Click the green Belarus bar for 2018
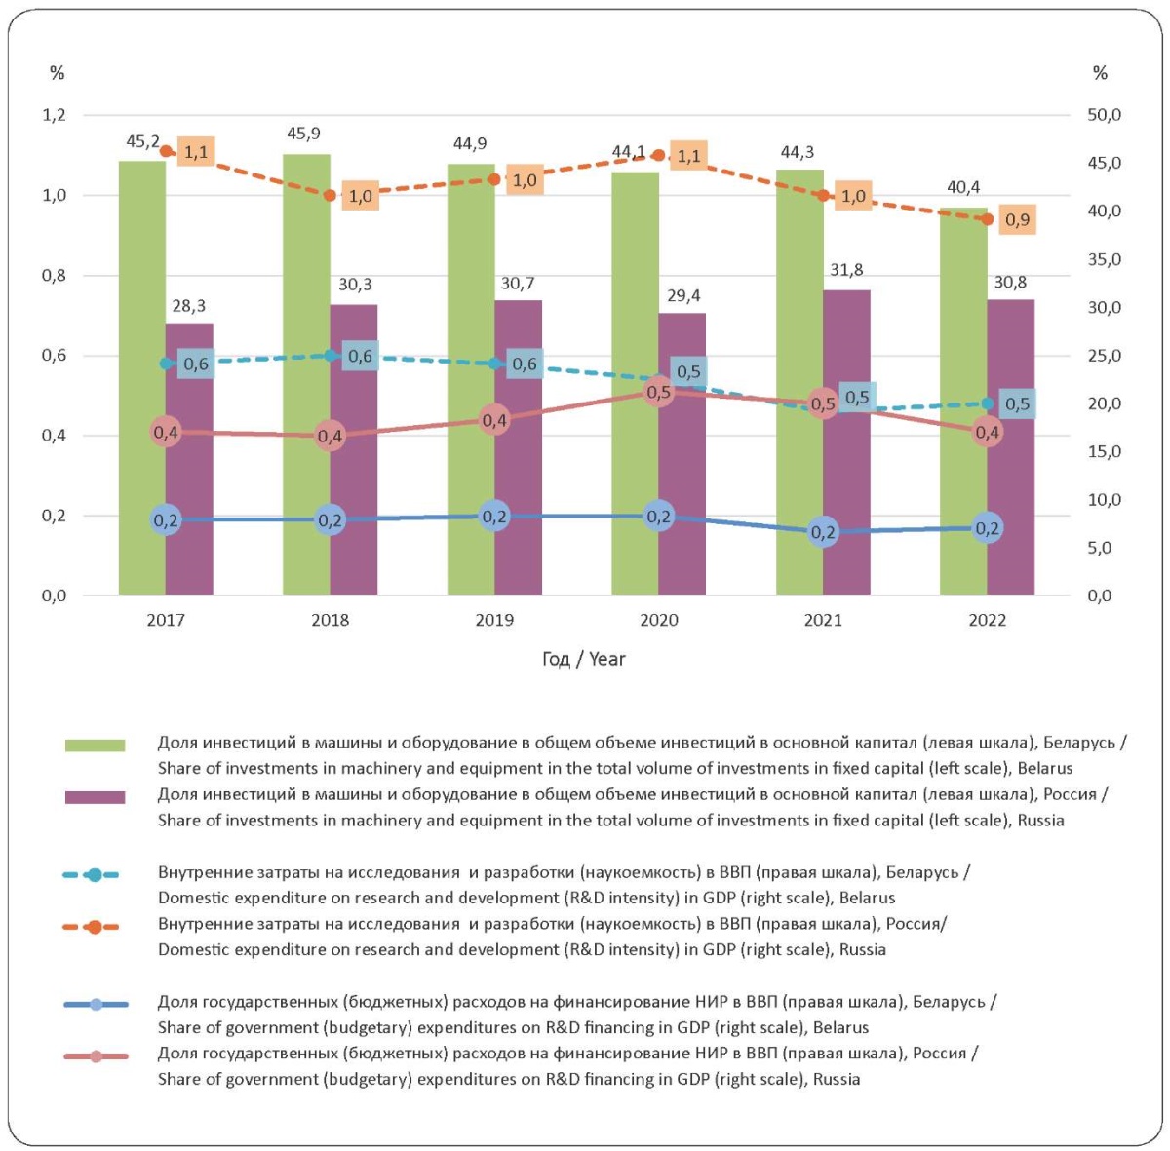point(306,374)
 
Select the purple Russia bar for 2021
point(845,441)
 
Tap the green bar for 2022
point(963,401)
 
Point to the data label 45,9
point(303,133)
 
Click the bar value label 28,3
point(189,305)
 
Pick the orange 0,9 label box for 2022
point(1017,219)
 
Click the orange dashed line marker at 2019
point(494,179)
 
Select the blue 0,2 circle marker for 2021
point(823,532)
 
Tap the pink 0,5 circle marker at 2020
point(658,392)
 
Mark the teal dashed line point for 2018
point(330,355)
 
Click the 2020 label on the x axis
point(658,620)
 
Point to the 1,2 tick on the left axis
point(54,115)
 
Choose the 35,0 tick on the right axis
point(1104,259)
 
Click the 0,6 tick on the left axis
point(54,355)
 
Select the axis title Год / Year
point(583,659)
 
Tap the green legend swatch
point(96,745)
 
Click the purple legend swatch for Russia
point(96,797)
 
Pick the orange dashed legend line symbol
point(91,927)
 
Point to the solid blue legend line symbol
point(96,1005)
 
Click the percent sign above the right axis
point(1100,73)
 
